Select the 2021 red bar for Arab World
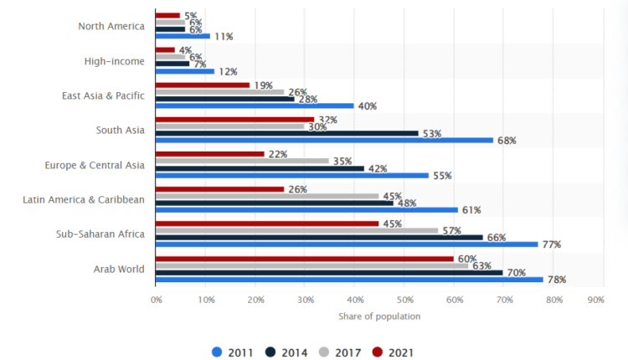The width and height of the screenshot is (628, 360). (305, 259)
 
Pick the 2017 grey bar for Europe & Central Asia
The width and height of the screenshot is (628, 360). (243, 160)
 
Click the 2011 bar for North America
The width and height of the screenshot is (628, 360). (183, 36)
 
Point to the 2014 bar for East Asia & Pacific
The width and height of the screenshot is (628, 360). (225, 98)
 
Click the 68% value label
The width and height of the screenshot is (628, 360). (507, 141)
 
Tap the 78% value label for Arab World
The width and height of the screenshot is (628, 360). (556, 280)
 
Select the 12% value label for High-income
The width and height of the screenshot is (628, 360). (228, 72)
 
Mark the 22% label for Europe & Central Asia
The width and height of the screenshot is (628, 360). (277, 154)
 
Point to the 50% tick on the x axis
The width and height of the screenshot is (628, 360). (404, 299)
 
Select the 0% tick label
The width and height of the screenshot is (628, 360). (157, 299)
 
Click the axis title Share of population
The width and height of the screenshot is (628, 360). (379, 316)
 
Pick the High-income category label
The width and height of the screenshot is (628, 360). (115, 61)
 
